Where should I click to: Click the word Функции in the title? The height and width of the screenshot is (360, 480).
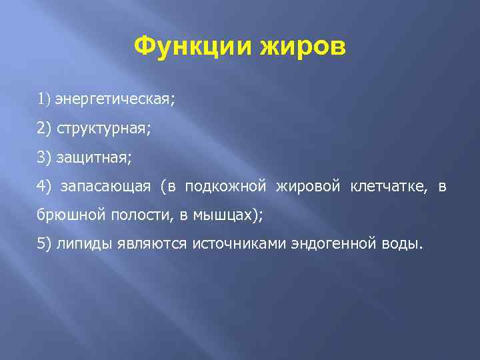click(x=187, y=47)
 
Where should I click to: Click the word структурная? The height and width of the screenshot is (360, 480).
click(x=103, y=129)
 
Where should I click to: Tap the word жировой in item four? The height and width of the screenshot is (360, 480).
click(x=308, y=187)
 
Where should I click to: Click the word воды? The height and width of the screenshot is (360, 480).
click(x=400, y=245)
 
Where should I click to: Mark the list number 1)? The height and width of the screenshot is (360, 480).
click(x=44, y=100)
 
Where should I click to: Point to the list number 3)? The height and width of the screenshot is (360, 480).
click(x=44, y=158)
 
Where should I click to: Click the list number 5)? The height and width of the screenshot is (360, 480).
click(x=44, y=245)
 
